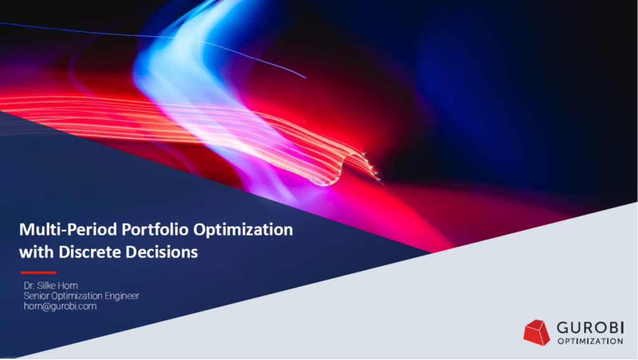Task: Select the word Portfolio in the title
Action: (136, 230)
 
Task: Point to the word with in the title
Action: (35, 252)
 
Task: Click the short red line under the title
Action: (38, 272)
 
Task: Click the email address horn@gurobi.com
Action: (60, 306)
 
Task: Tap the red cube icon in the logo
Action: (536, 332)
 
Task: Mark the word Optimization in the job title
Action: (78, 296)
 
